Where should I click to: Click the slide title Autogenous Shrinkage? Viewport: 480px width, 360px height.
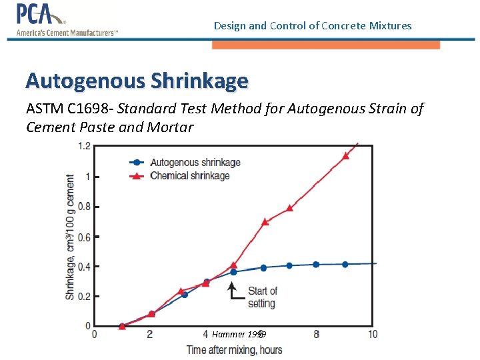(137, 81)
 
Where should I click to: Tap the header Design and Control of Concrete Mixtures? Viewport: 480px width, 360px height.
(313, 26)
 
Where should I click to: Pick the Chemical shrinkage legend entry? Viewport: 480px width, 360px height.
(189, 176)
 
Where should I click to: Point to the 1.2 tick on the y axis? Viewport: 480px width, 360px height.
(84, 147)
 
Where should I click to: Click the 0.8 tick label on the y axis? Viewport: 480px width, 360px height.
(84, 207)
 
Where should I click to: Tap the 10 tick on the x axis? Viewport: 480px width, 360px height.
(373, 334)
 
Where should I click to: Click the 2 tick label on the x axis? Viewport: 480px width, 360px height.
(150, 334)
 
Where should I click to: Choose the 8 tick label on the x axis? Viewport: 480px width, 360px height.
(317, 334)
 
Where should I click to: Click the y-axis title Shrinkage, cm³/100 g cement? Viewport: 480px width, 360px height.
(70, 237)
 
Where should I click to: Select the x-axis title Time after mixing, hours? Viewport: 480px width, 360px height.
(234, 350)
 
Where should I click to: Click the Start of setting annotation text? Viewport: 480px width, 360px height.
(262, 297)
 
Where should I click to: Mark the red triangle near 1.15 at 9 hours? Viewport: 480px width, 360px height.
(345, 156)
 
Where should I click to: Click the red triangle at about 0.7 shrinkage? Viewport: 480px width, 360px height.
(265, 221)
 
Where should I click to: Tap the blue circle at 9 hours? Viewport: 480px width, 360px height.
(345, 265)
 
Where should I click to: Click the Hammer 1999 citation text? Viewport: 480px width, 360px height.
(239, 334)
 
